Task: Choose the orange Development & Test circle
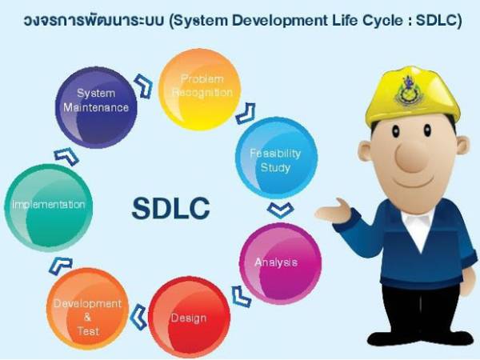[x=88, y=314]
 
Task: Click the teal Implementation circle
[x=48, y=205]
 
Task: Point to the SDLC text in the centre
[x=170, y=208]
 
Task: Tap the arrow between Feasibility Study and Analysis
[x=281, y=210]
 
